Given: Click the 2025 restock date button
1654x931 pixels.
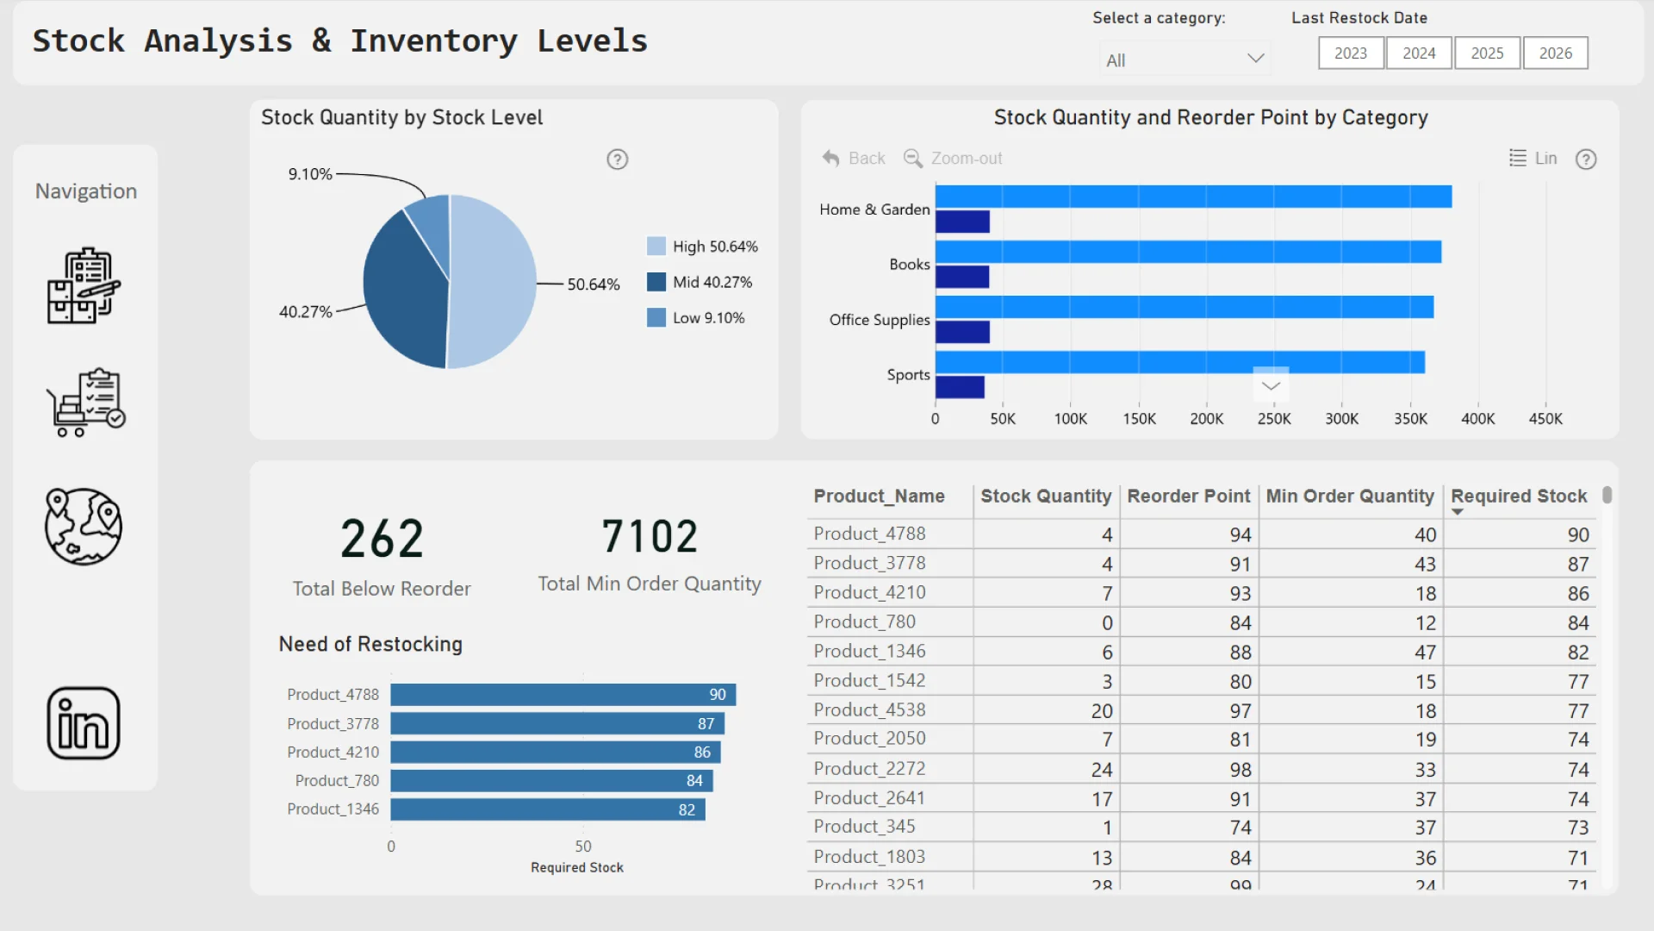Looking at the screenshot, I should [x=1487, y=53].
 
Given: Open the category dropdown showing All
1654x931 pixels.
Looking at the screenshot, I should [x=1185, y=59].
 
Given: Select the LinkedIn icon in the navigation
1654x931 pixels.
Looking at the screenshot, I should [x=84, y=723].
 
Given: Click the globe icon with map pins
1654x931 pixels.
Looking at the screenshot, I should [x=84, y=527].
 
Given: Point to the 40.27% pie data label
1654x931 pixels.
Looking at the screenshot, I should [x=305, y=312].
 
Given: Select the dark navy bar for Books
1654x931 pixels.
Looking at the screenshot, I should [x=962, y=277].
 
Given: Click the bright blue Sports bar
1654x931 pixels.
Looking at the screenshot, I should [x=1179, y=362].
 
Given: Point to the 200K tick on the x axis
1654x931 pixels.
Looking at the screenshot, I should [x=1206, y=419].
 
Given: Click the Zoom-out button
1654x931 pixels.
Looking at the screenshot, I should [x=954, y=159].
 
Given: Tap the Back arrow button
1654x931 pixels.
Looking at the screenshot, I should [x=854, y=159].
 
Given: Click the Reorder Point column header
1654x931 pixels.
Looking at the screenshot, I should [x=1188, y=497].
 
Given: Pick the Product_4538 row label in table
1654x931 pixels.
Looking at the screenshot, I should [x=869, y=710].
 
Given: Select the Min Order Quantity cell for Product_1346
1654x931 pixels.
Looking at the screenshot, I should [x=1425, y=653].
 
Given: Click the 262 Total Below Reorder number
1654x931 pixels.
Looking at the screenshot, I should [x=382, y=539].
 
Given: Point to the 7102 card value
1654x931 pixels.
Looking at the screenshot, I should [x=650, y=536].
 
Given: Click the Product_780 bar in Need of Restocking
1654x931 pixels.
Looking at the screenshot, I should [x=551, y=781].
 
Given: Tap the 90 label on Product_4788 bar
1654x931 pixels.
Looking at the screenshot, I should [x=718, y=695].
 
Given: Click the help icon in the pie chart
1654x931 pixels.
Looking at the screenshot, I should [x=618, y=159].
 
